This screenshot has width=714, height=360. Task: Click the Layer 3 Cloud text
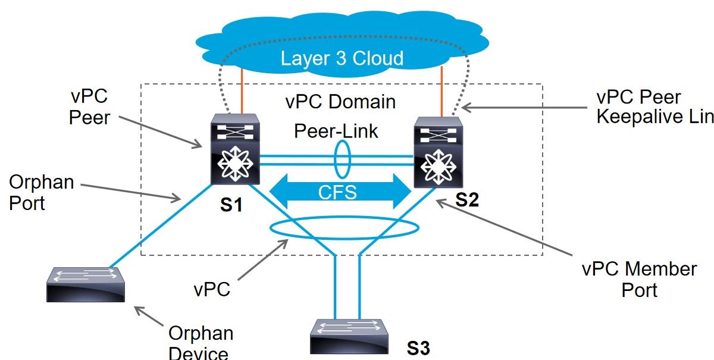[x=342, y=58]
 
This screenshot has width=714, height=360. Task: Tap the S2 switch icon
[x=437, y=152]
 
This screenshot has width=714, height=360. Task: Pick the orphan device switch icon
[x=85, y=284]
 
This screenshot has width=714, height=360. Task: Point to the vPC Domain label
[x=340, y=102]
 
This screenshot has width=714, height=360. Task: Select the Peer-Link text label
[x=336, y=131]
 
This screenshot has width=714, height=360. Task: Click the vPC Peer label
[x=89, y=107]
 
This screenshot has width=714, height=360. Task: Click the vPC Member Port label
[x=639, y=279]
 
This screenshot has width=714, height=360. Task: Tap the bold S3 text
[x=418, y=348]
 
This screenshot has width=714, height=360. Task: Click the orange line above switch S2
[x=441, y=92]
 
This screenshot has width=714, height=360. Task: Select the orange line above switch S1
[x=241, y=92]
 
